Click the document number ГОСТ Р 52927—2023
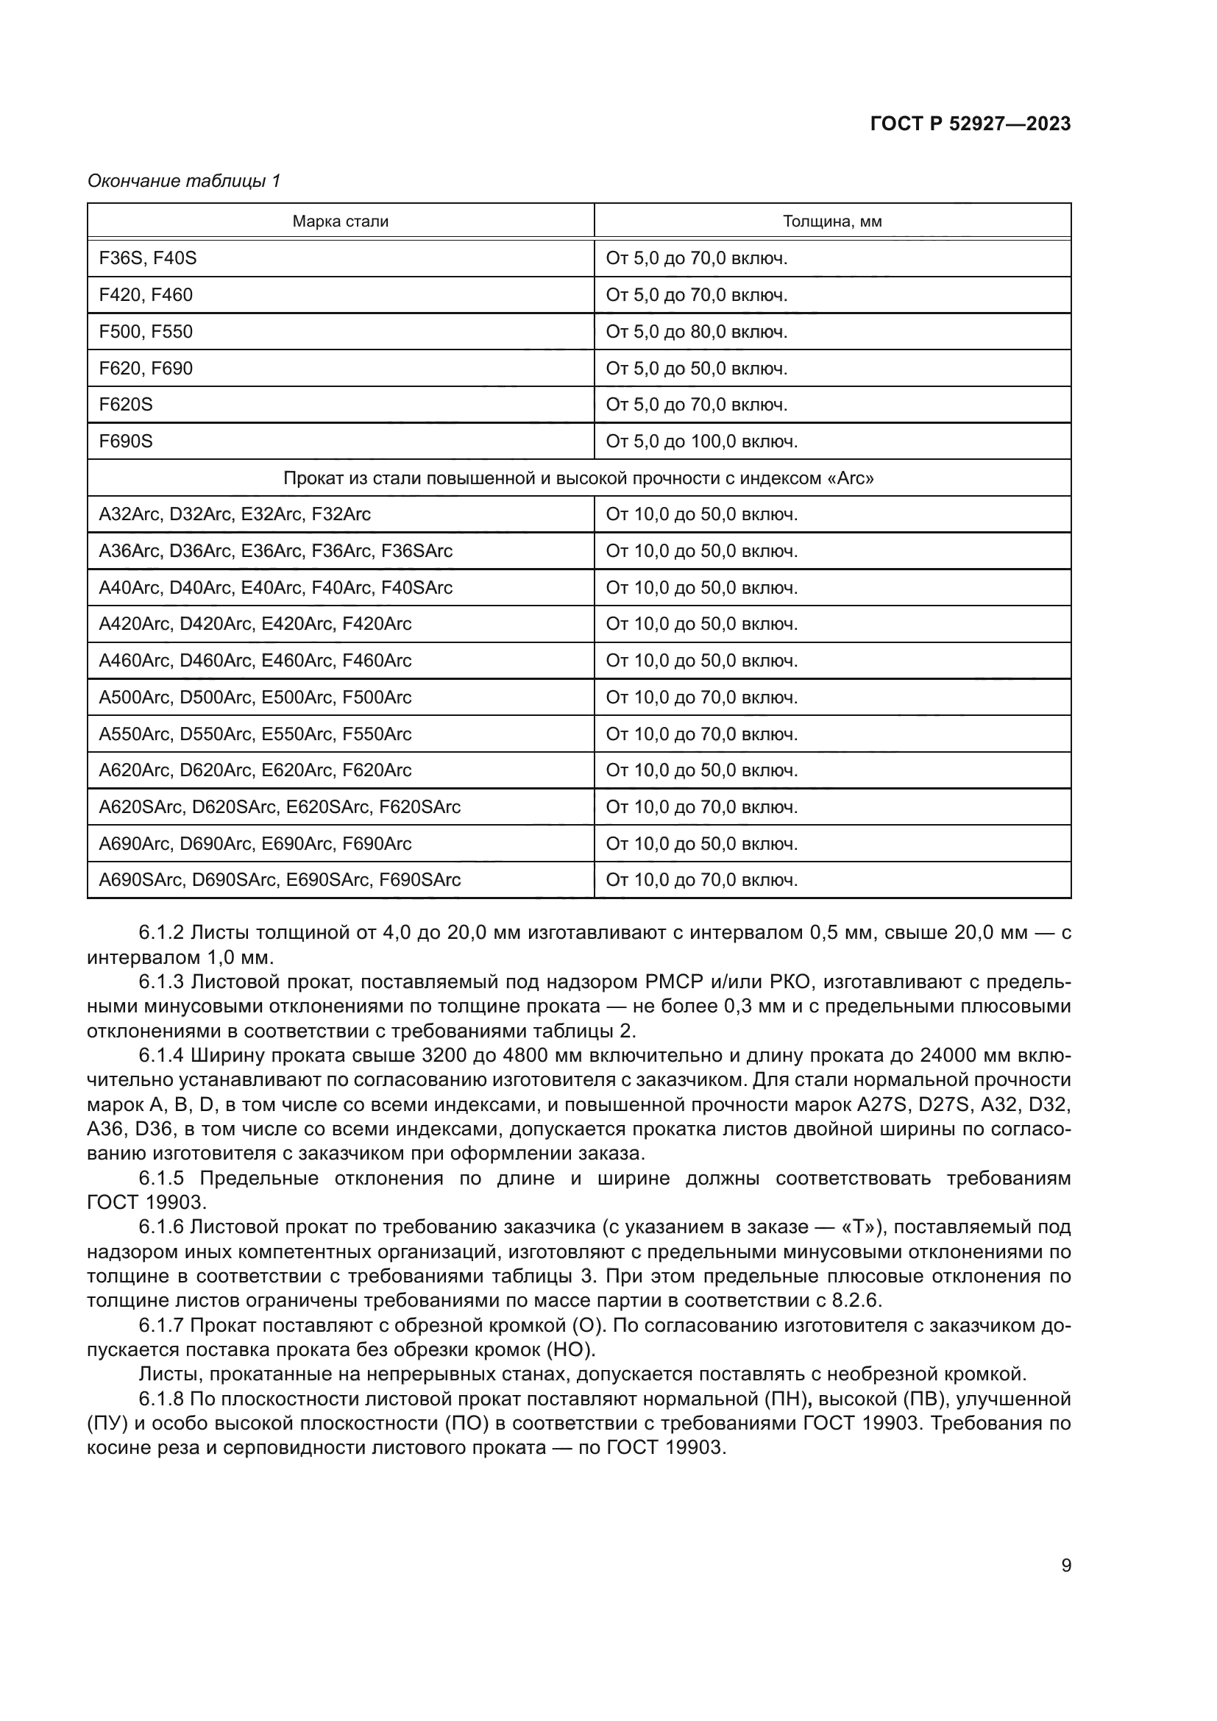point(970,124)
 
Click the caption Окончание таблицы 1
point(184,181)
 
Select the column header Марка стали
point(340,221)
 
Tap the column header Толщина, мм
point(832,221)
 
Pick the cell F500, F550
point(146,331)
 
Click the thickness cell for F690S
point(701,441)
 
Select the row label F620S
point(126,405)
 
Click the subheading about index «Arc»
point(578,478)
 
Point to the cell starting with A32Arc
point(235,514)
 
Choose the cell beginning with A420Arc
point(255,624)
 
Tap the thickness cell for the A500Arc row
point(701,697)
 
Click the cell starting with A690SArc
point(280,880)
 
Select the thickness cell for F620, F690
point(696,368)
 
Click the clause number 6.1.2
point(161,933)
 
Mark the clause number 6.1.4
point(161,1056)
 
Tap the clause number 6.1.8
point(161,1399)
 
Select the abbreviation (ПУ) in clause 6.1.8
point(104,1424)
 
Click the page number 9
point(1065,1566)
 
